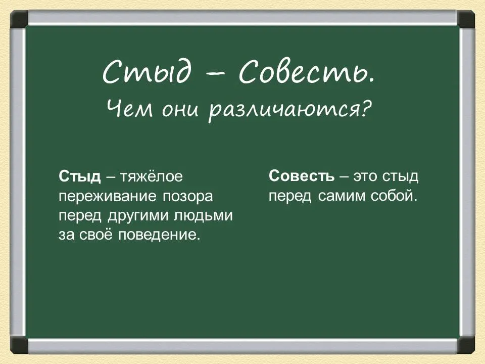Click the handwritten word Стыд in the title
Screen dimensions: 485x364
tap(147, 72)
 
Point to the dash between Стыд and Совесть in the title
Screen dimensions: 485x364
tap(215, 75)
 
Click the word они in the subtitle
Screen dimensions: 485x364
tap(180, 111)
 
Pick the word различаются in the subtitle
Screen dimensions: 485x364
tap(283, 111)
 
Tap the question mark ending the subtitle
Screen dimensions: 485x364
tap(366, 108)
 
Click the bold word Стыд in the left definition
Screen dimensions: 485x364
tap(79, 176)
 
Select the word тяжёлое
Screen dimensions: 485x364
tap(151, 177)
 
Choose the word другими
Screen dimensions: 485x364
tap(137, 216)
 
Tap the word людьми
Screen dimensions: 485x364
tap(203, 216)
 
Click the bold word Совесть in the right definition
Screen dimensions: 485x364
tap(302, 176)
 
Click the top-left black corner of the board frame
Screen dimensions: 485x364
tap(19, 19)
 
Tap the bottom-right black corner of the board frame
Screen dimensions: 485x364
tap(466, 345)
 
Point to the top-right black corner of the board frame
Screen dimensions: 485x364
tap(466, 19)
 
